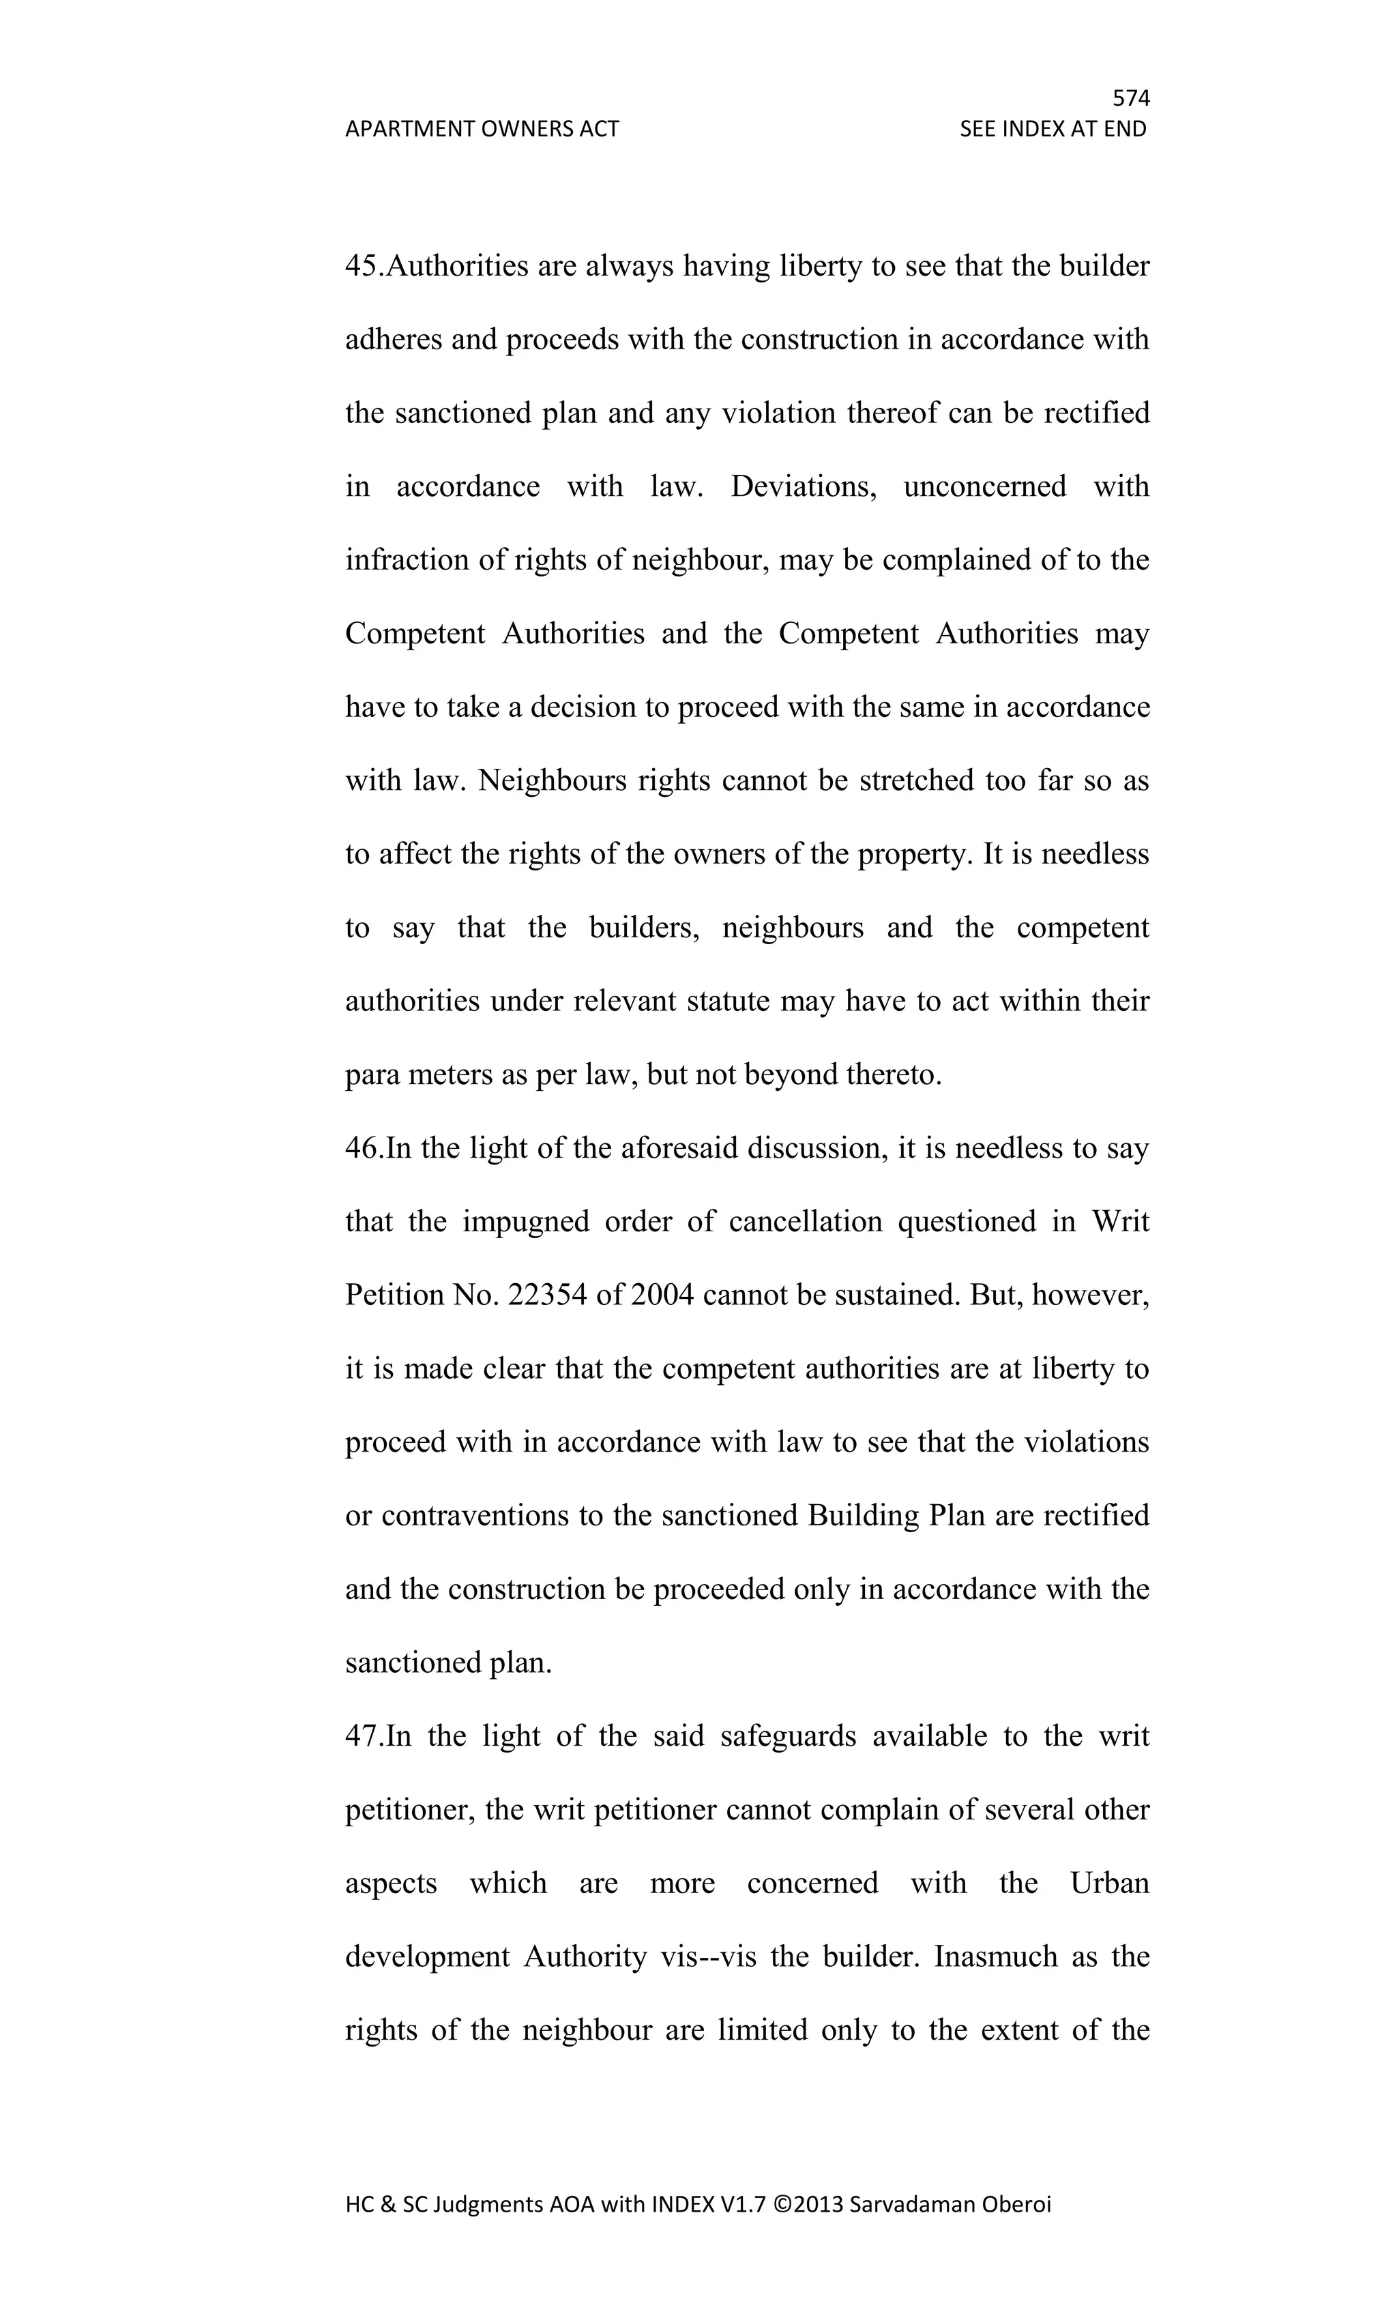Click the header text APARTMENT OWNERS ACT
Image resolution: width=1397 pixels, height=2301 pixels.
(x=482, y=129)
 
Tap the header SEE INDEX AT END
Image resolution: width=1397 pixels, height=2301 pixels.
(x=1053, y=129)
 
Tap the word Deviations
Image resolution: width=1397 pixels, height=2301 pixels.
(x=803, y=486)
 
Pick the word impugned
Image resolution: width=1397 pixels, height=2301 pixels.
(x=526, y=1222)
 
